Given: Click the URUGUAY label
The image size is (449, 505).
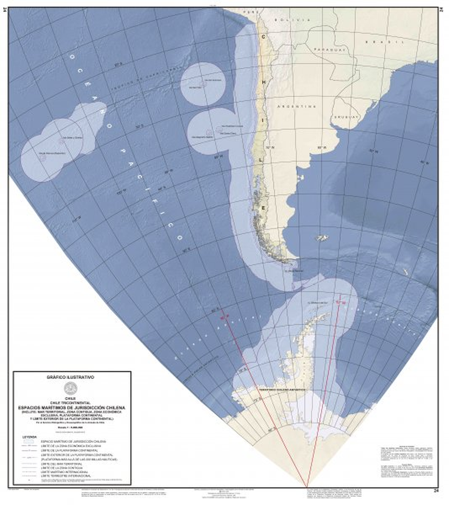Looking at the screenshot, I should pyautogui.click(x=346, y=117).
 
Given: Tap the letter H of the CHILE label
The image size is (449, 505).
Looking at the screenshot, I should pyautogui.click(x=263, y=81).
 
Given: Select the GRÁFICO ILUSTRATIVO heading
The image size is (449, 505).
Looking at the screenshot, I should pyautogui.click(x=70, y=377).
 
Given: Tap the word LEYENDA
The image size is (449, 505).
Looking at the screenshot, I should pyautogui.click(x=30, y=437).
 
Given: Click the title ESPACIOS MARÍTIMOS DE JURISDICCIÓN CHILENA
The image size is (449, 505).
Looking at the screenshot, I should pyautogui.click(x=71, y=407).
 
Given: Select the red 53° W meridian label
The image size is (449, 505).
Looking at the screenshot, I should pyautogui.click(x=340, y=301).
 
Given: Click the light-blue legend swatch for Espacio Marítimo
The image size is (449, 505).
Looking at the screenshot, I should pyautogui.click(x=28, y=442).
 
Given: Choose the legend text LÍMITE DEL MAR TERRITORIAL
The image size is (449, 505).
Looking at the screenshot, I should pyautogui.click(x=61, y=464).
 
